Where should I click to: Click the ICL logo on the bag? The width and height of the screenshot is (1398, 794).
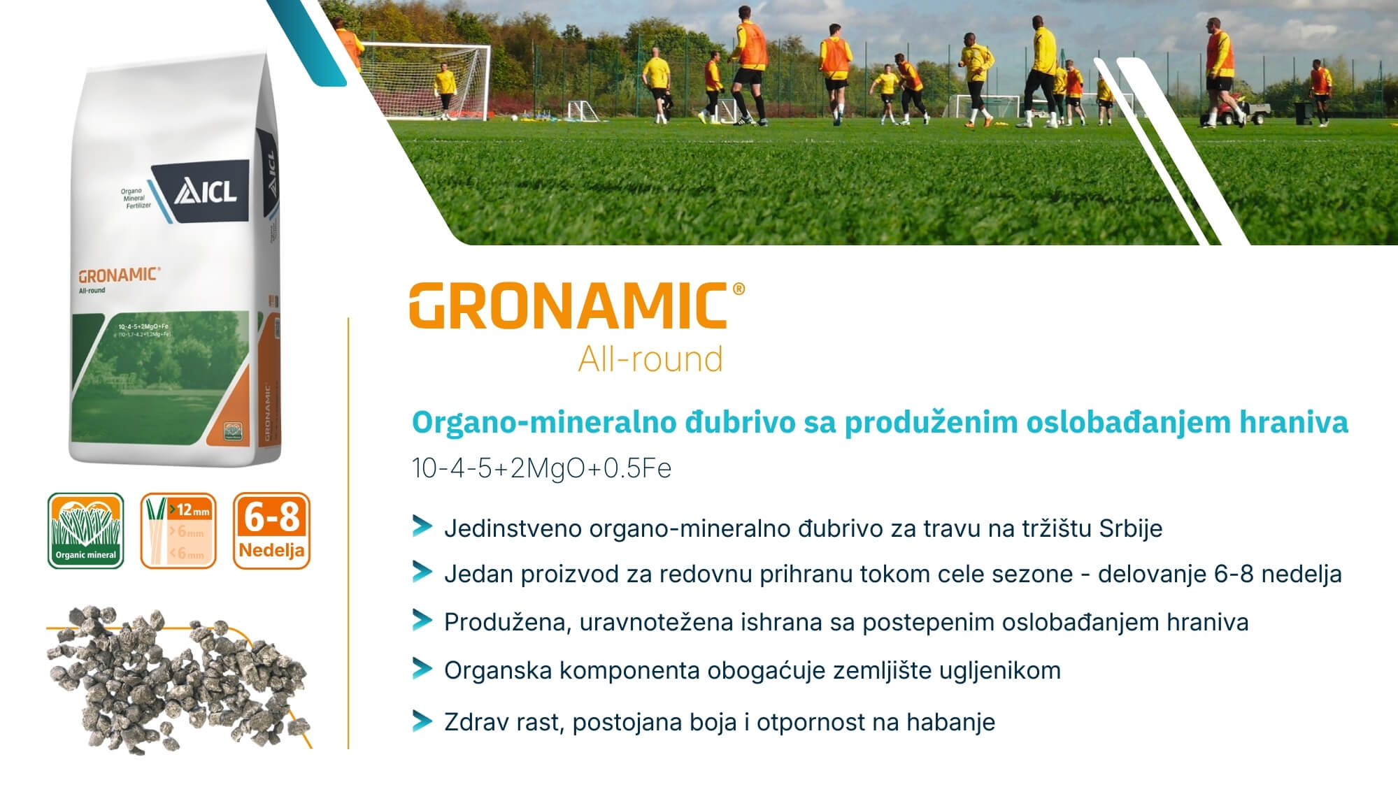(206, 192)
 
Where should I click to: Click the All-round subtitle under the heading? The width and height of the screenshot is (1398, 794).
(650, 359)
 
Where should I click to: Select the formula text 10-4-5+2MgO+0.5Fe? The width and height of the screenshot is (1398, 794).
(541, 468)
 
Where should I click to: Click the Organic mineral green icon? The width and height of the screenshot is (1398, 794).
(85, 530)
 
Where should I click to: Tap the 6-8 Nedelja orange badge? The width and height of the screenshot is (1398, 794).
(271, 530)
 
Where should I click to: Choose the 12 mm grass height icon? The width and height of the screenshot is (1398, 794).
(178, 530)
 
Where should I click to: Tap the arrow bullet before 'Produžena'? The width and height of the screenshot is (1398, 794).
(422, 620)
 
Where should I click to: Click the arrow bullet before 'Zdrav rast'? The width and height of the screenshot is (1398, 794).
(422, 721)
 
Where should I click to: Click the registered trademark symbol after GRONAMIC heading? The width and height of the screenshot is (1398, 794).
(738, 289)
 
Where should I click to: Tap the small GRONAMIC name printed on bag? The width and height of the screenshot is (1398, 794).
(117, 275)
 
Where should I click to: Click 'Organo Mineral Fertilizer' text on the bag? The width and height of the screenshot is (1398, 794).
(134, 198)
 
